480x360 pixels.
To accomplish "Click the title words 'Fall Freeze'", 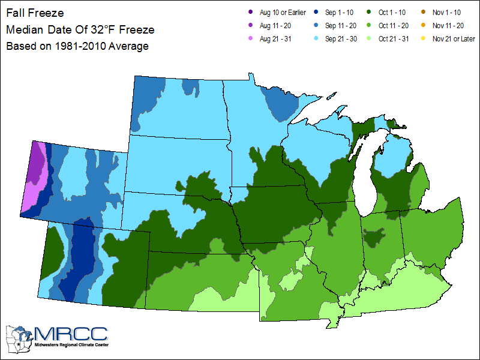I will click(34, 13).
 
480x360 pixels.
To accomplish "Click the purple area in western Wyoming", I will click(36, 162).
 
